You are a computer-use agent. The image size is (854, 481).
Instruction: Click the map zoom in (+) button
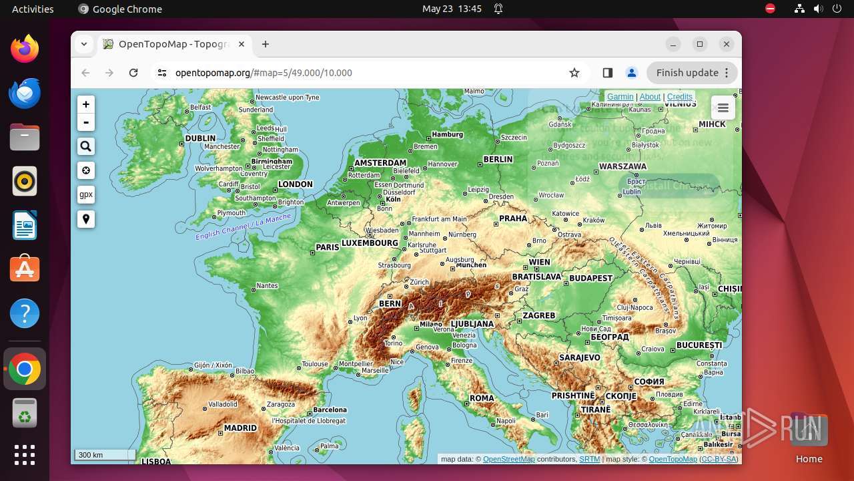[x=86, y=104]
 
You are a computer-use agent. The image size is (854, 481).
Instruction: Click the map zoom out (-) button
[x=86, y=122]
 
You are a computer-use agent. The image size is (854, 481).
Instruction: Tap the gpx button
[x=86, y=194]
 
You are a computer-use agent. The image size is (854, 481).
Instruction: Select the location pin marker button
[x=86, y=219]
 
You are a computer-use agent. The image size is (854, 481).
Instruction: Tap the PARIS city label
[x=328, y=247]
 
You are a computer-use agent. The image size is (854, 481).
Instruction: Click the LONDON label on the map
[x=295, y=184]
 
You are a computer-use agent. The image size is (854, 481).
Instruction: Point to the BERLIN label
[x=498, y=160]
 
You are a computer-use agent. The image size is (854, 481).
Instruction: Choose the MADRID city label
[x=240, y=428]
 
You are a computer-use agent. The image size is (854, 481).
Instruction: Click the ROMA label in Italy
[x=482, y=398]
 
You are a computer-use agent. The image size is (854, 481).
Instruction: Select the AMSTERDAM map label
[x=380, y=163]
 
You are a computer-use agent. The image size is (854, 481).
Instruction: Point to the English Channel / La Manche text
[x=244, y=227]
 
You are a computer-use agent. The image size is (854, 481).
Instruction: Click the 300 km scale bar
[x=105, y=455]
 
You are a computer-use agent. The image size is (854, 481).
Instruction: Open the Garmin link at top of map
[x=620, y=97]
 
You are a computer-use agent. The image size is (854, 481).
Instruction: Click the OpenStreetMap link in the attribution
[x=508, y=459]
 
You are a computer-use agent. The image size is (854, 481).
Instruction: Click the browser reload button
[x=133, y=73]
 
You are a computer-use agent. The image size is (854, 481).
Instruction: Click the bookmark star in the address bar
[x=574, y=73]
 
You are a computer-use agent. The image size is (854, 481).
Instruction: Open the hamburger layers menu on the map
[x=723, y=108]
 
